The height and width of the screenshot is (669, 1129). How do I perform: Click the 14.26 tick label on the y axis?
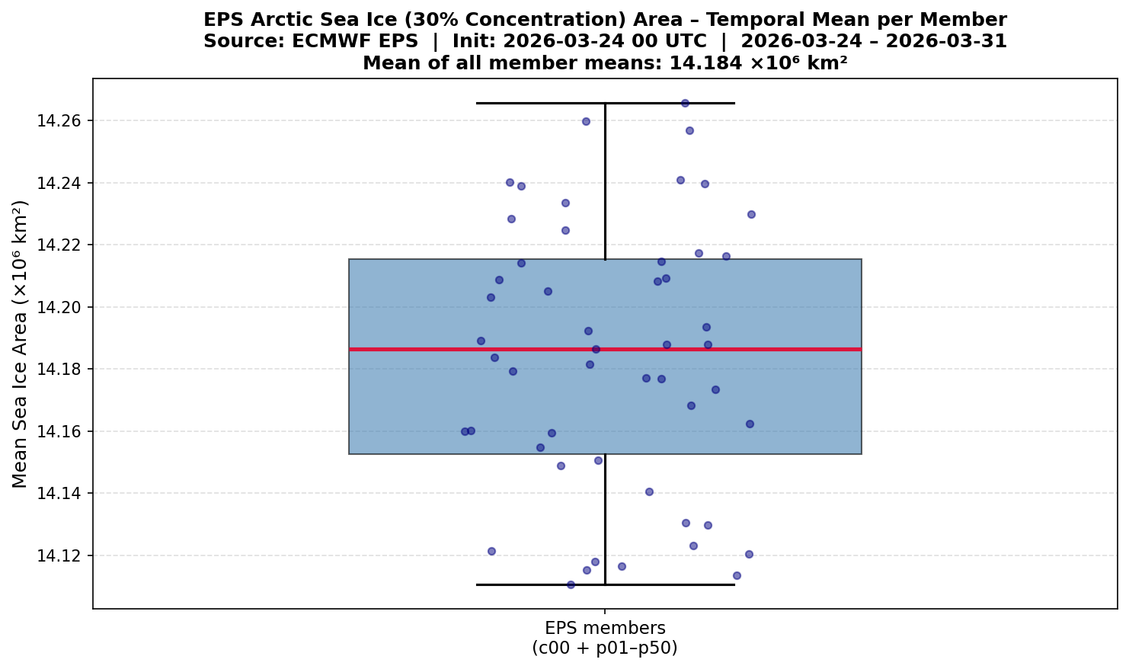pos(59,121)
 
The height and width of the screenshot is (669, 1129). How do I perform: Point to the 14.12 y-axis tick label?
pos(59,555)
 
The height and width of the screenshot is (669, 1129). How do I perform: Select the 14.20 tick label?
pos(59,307)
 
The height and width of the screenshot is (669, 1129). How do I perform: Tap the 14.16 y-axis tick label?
pos(59,431)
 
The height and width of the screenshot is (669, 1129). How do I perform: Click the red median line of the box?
pos(762,349)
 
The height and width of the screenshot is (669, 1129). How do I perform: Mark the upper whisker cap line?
pos(533,103)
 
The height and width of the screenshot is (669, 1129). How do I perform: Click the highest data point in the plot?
pos(685,103)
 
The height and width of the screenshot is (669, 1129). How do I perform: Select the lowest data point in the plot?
pos(571,584)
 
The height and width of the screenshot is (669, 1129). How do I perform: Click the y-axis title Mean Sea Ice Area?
pos(21,344)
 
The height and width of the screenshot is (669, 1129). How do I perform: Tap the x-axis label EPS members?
pos(605,628)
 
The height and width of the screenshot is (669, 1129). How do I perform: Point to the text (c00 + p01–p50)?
pos(605,648)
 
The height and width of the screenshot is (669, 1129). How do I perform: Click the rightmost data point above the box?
pos(751,214)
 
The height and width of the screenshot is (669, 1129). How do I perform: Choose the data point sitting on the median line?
pos(596,349)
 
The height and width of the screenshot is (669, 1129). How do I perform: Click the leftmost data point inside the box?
pos(465,431)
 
